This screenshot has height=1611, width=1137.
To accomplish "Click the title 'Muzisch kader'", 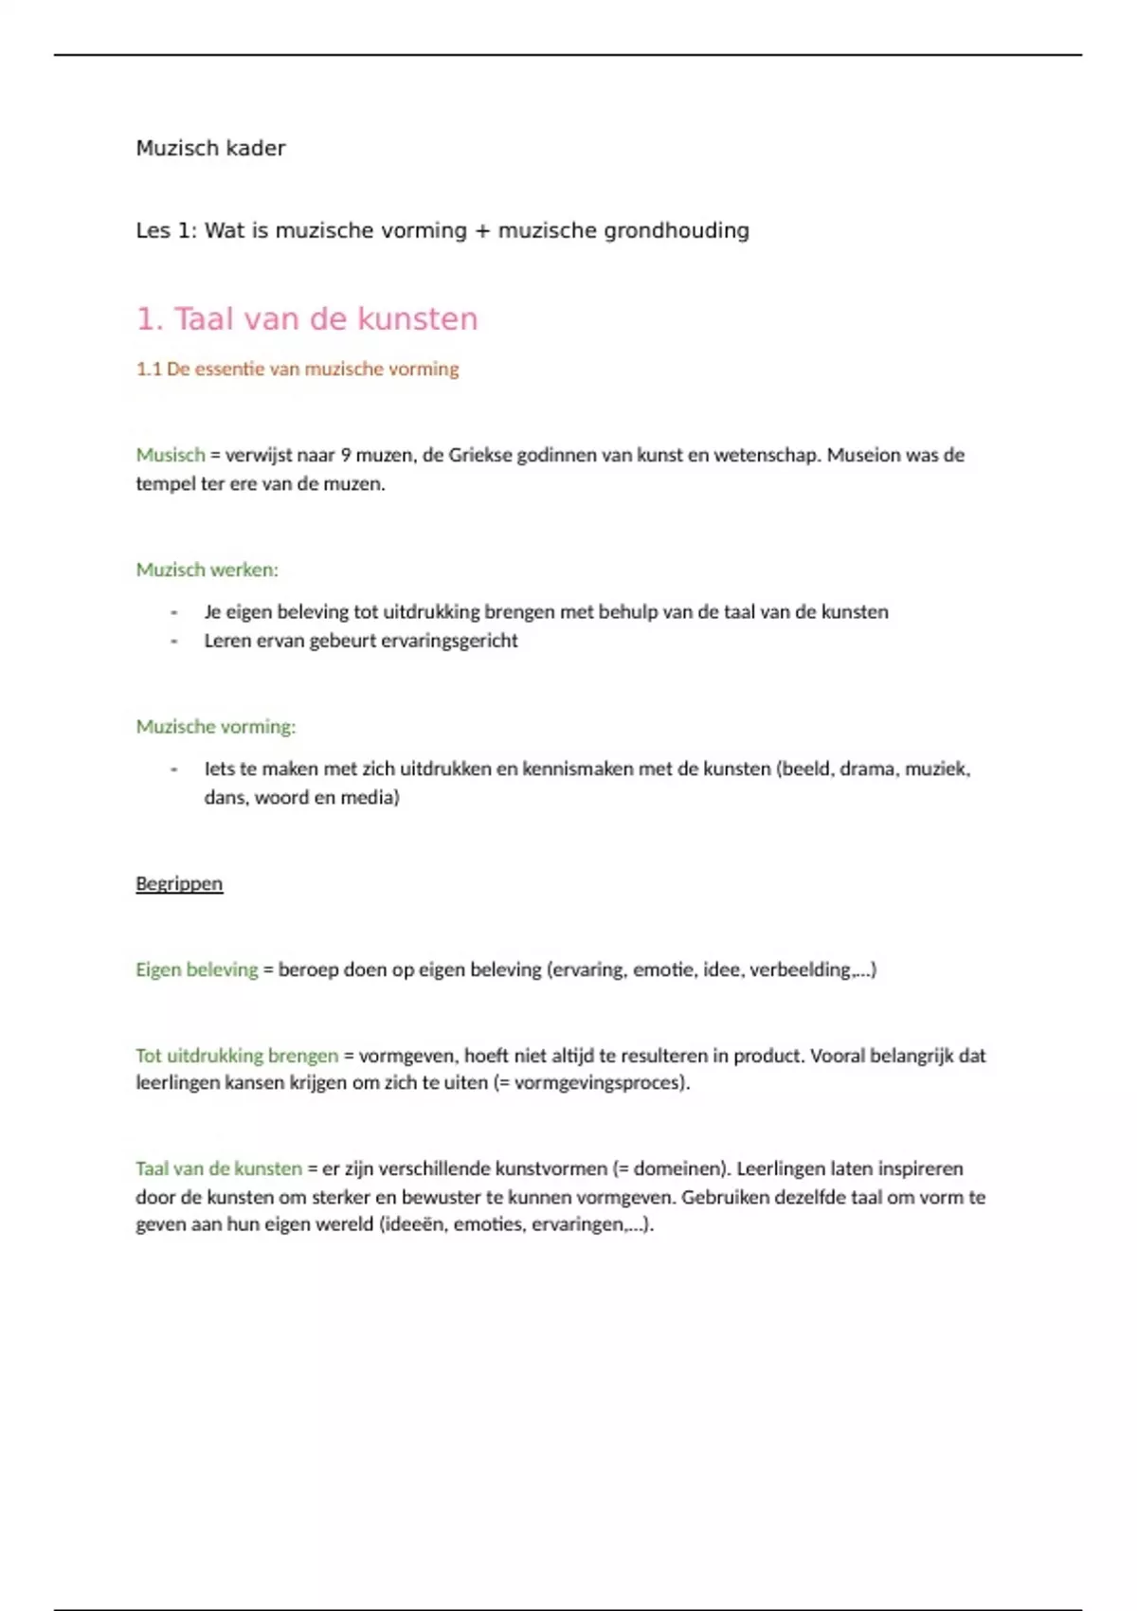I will click(210, 148).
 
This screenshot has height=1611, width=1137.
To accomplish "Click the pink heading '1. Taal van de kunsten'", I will click(307, 319).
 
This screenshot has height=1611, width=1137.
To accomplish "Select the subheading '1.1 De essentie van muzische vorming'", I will click(298, 369).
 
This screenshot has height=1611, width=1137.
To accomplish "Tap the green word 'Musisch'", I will click(171, 455).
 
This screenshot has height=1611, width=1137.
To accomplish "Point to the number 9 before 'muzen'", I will click(346, 455).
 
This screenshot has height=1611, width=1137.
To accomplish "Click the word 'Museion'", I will click(864, 455).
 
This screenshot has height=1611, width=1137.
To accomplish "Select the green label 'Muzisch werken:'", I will click(207, 570).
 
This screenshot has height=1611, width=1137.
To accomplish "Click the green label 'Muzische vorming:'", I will click(215, 727).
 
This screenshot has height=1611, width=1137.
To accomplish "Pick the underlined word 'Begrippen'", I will click(179, 884).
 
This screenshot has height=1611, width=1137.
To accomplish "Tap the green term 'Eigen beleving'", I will click(196, 969).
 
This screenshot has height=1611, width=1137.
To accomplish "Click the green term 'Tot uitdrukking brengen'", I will click(236, 1056).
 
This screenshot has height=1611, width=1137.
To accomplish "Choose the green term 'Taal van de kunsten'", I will click(218, 1168).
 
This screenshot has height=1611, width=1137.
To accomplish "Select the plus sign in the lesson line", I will click(482, 231).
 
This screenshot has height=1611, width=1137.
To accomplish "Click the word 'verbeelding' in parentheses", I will click(800, 969).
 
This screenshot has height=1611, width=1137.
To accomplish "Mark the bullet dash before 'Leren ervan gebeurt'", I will click(174, 641).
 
